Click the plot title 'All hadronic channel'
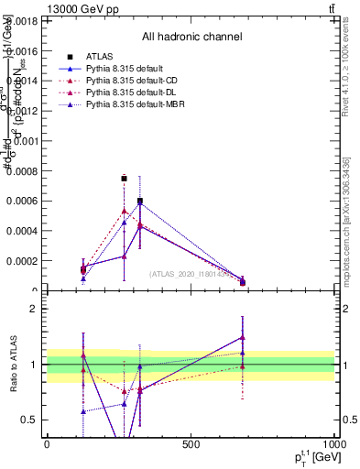pos(191,38)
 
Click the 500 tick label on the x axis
pos(191,444)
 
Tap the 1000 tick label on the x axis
pos(333,444)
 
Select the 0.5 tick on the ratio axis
pos(29,420)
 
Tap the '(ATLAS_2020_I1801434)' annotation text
pos(191,273)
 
